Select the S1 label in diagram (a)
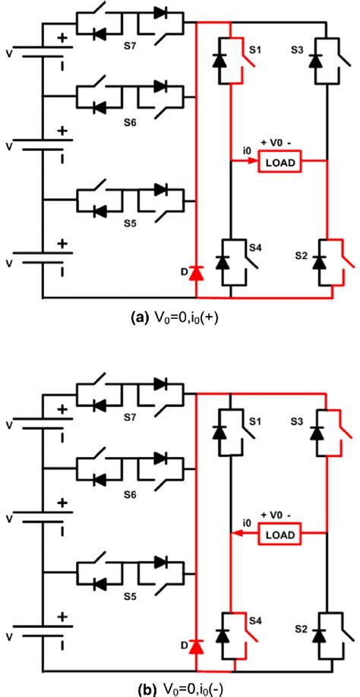pyautogui.click(x=256, y=50)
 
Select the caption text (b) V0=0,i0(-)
pyautogui.click(x=180, y=688)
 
